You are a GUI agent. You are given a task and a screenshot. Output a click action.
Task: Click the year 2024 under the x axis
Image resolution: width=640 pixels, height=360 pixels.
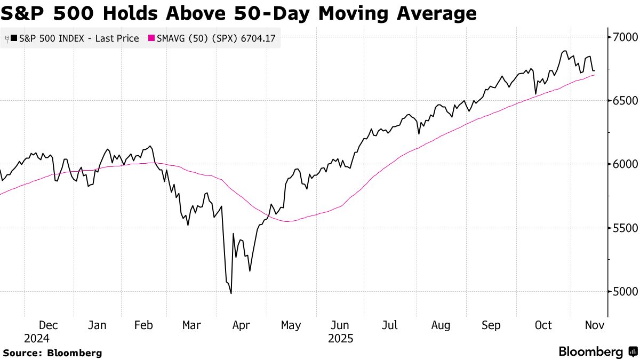[37, 339]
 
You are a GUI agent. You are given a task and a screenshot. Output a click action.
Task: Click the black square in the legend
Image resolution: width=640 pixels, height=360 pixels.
[13, 38]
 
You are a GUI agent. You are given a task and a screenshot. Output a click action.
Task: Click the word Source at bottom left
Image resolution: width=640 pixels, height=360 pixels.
[22, 353]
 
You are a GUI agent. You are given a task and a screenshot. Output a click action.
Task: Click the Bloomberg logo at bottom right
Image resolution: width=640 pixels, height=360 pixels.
[597, 352]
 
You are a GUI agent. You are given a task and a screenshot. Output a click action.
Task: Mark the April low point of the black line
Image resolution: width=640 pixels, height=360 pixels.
[230, 293]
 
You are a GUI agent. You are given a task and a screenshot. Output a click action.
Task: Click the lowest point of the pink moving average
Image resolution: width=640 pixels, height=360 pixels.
[288, 221]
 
